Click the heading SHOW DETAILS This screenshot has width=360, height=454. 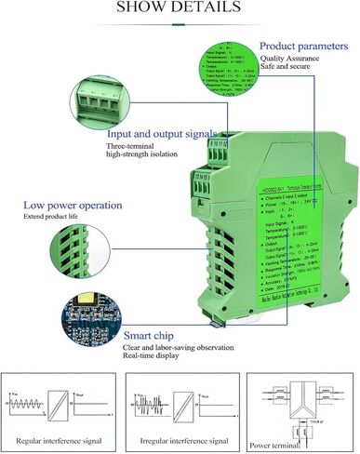click(180, 10)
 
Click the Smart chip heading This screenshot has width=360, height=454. click(150, 331)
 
